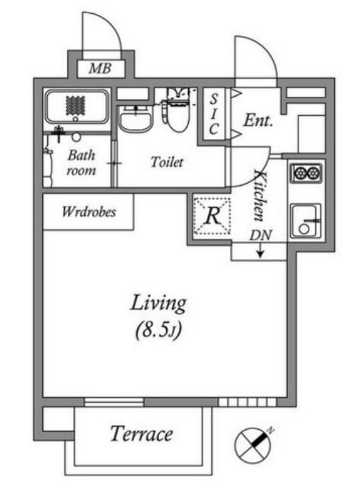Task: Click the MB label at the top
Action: point(100,68)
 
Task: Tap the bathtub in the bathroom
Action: point(76,107)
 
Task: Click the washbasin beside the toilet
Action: point(135,119)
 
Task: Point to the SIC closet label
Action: point(214,114)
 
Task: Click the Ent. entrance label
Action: point(258,120)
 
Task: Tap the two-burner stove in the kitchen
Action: point(306,172)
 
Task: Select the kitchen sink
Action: point(306,220)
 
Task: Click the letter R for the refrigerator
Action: point(213,216)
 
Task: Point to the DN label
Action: point(261,235)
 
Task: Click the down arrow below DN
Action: point(261,251)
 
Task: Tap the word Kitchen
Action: point(259,196)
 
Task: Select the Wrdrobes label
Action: point(89,211)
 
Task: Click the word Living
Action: point(158,303)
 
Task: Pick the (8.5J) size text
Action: point(158,331)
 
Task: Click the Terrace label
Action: point(142,434)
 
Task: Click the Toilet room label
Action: point(167,162)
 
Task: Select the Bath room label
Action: point(81,163)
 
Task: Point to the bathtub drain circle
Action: point(76,119)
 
